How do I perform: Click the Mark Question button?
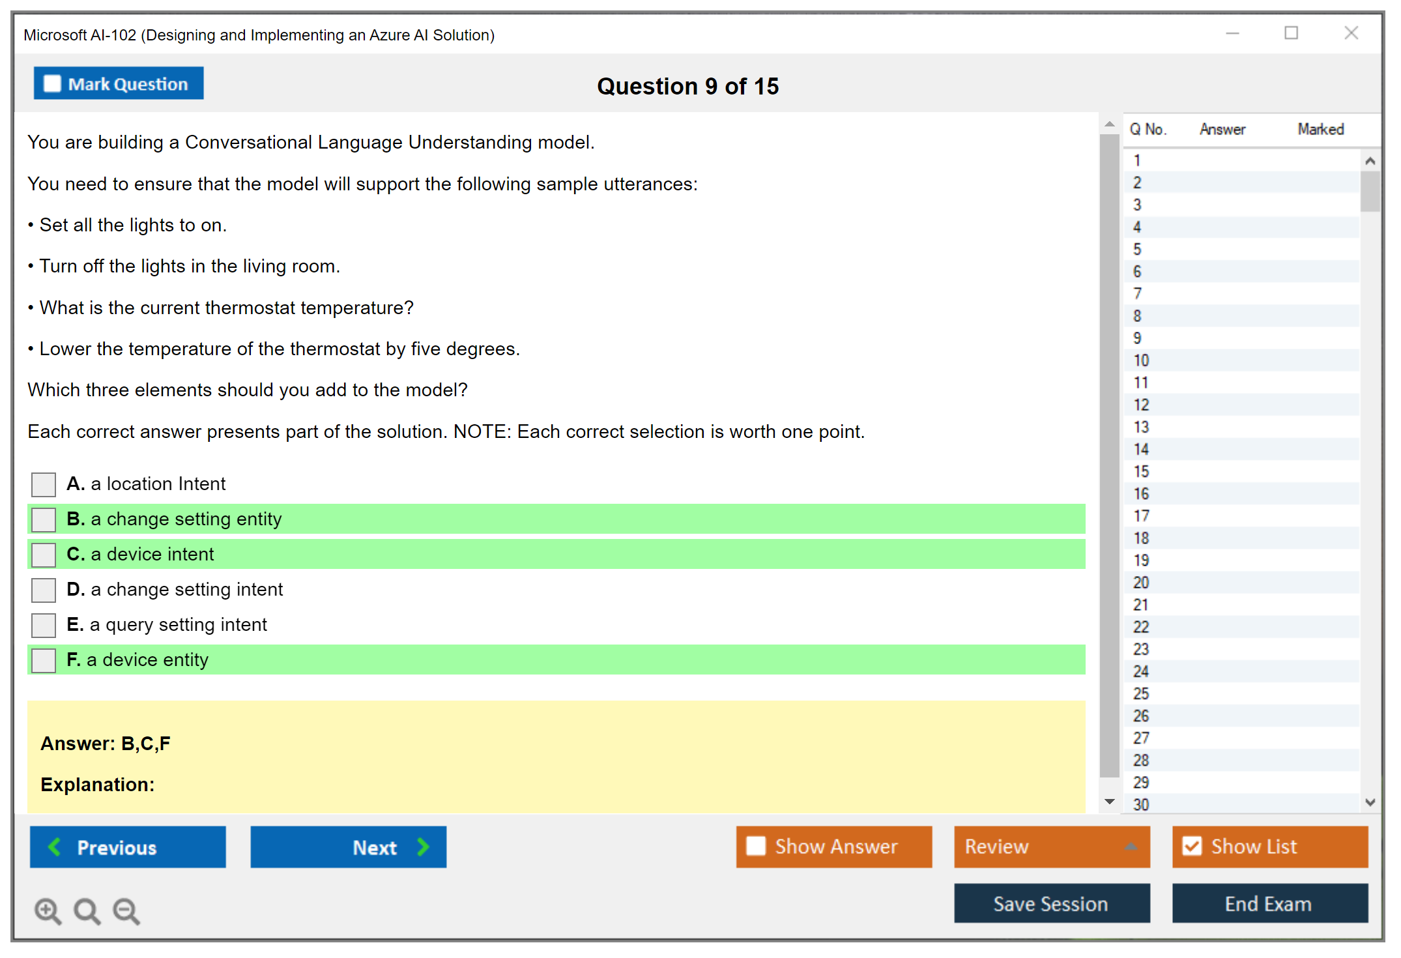click(119, 83)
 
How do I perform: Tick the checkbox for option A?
click(44, 484)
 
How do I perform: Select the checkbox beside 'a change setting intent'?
click(44, 590)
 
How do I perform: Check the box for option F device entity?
click(44, 660)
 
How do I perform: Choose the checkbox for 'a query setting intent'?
click(44, 625)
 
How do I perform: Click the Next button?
click(349, 847)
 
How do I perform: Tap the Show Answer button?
click(834, 847)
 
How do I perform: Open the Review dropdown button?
click(1052, 847)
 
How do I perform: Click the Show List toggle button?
click(1270, 847)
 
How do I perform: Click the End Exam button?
click(1270, 903)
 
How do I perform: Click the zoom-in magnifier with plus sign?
click(48, 911)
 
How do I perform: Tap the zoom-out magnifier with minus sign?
click(126, 911)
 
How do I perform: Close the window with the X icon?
click(1351, 33)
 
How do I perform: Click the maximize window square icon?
click(1292, 33)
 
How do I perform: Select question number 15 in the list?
click(1141, 471)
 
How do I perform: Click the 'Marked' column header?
click(1321, 129)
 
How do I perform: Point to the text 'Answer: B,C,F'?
click(106, 744)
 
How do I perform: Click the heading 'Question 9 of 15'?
click(688, 86)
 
